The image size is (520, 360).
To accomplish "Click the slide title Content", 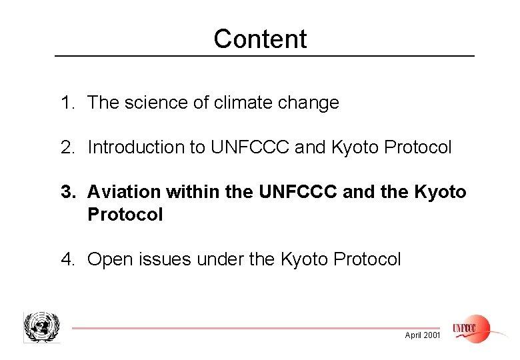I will point(260,39).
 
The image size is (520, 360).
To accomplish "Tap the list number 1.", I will point(66,103).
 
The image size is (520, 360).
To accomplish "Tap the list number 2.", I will point(66,147).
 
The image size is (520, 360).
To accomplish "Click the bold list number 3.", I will point(66,193).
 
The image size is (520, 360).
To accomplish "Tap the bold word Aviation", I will point(124,193).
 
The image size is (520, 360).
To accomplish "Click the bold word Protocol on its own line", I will point(125,215).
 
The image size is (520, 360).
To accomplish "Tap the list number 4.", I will point(66,259).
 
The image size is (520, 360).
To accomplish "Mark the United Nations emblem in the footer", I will point(41,327).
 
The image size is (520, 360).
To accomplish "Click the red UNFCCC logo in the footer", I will point(471,328).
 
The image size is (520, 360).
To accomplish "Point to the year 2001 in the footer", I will point(431,335).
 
